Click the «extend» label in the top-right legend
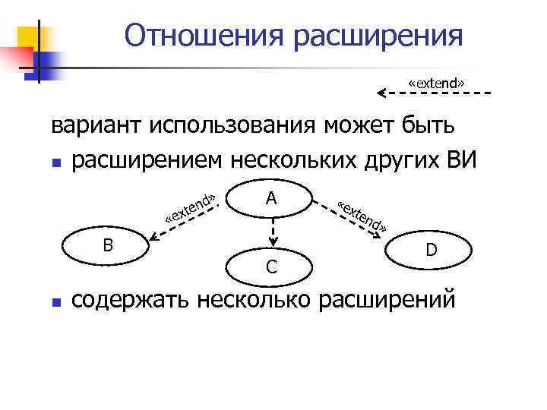pos(437,81)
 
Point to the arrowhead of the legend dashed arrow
pos(382,93)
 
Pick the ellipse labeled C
pos(270,266)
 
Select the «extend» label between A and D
pos(364,216)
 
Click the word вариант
pos(96,125)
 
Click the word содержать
pos(131,300)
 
